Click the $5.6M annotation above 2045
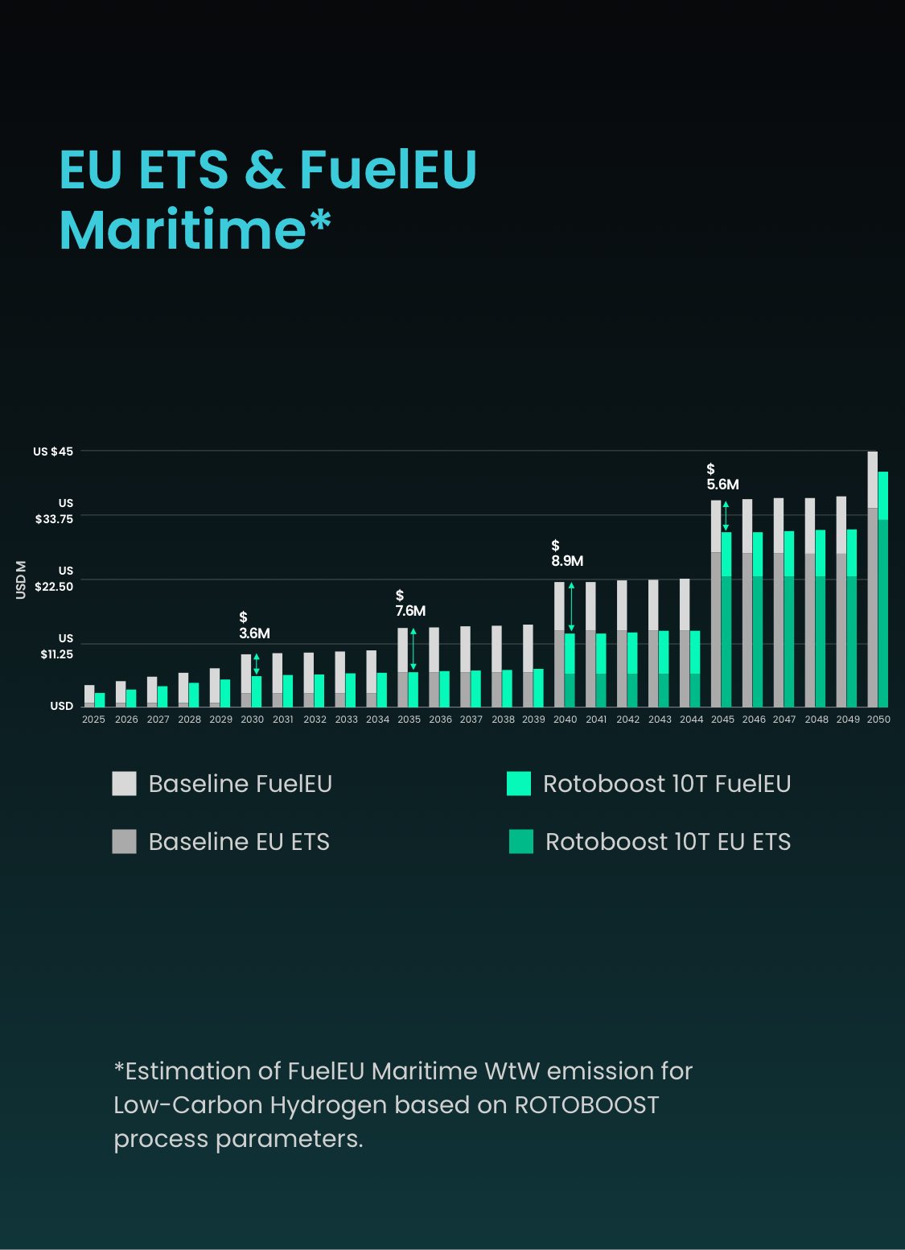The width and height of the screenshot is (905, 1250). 722,477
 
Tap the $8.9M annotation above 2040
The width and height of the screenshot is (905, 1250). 567,554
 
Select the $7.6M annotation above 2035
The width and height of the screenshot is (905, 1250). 410,604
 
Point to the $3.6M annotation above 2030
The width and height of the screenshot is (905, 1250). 254,626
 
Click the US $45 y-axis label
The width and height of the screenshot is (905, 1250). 53,452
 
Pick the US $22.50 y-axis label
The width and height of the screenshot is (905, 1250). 55,579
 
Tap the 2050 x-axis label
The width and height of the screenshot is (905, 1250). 878,720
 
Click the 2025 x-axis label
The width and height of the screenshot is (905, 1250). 93,720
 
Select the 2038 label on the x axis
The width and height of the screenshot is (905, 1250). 503,720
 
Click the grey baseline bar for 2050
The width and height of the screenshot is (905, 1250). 872,580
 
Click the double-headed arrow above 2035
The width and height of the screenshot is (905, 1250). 413,650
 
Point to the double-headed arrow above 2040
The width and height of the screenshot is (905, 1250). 571,607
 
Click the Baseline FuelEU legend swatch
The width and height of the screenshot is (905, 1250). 124,783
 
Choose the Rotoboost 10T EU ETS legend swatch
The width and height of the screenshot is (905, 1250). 521,841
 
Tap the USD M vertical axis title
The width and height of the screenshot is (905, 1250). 21,580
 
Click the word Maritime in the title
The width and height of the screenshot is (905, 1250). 183,230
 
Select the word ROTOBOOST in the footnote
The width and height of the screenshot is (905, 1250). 586,1105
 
